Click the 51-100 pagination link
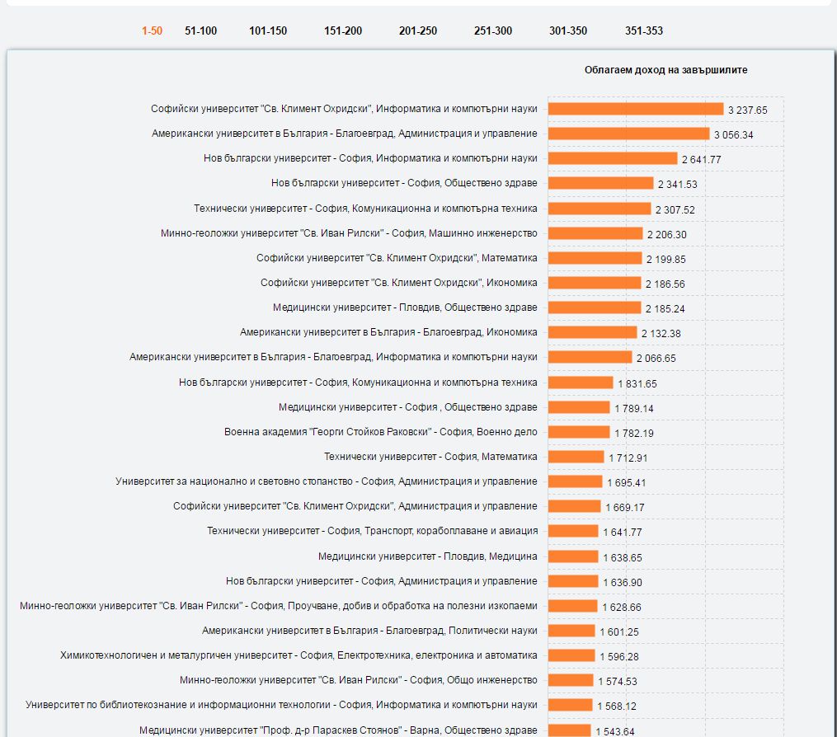click(200, 31)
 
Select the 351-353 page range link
click(643, 31)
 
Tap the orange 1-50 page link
click(152, 31)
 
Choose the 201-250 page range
click(418, 31)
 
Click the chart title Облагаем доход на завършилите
click(665, 70)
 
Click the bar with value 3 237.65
click(635, 109)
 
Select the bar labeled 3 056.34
click(628, 134)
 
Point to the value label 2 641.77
click(701, 159)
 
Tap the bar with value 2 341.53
click(600, 183)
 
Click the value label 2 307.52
click(675, 209)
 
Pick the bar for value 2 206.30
click(595, 233)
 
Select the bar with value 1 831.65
click(581, 383)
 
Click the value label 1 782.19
click(634, 433)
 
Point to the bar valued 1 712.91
click(576, 457)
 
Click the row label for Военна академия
click(380, 432)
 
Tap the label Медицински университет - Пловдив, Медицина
click(427, 556)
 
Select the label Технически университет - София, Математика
click(430, 457)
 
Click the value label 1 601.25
click(619, 632)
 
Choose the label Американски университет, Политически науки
click(369, 631)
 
